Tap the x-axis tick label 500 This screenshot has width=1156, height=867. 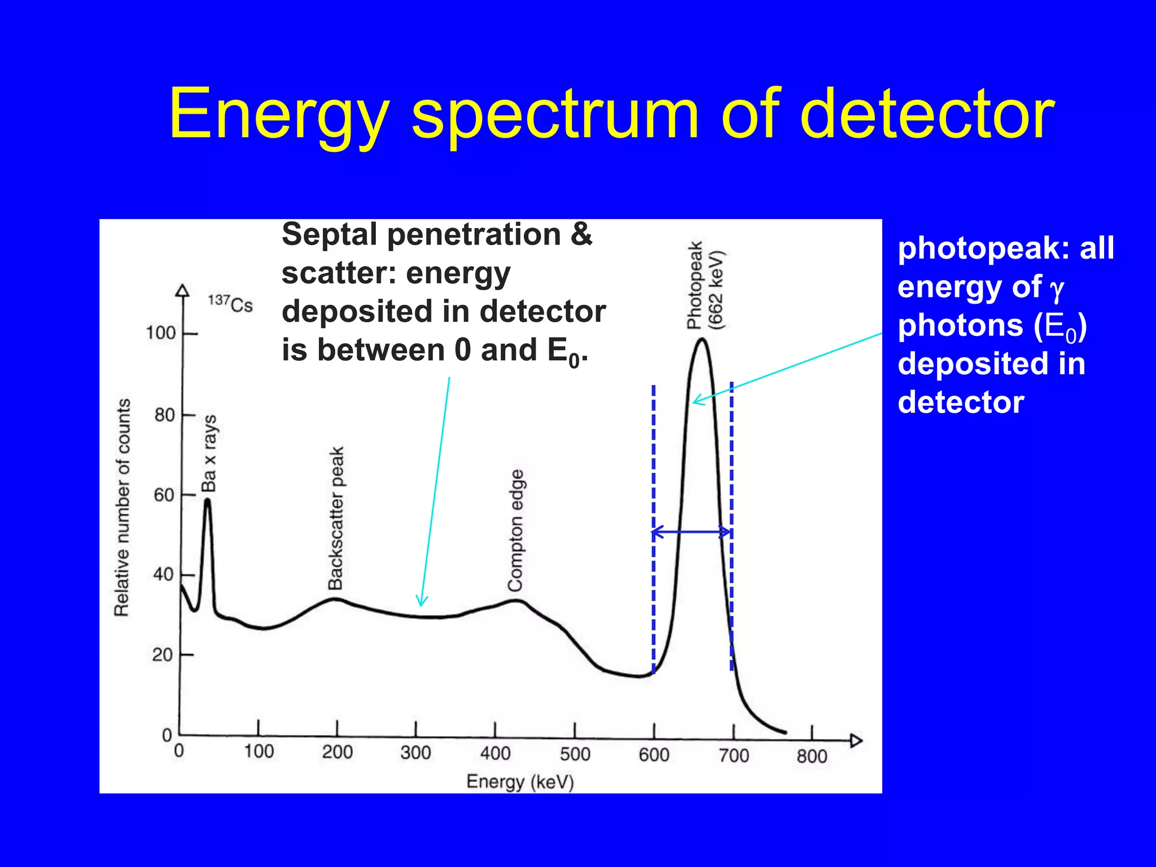click(x=575, y=754)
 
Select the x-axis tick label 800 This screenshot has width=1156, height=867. click(x=812, y=756)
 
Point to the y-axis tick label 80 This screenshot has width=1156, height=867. click(x=164, y=415)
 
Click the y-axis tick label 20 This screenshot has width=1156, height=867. click(x=162, y=655)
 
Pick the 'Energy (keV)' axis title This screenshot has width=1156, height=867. click(x=520, y=782)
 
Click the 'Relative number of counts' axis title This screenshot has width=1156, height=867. click(x=122, y=507)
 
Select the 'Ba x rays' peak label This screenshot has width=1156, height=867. click(x=209, y=453)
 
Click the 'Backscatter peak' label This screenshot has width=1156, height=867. click(x=336, y=518)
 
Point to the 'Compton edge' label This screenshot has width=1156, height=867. click(x=515, y=531)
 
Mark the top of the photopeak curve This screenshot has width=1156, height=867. click(x=702, y=339)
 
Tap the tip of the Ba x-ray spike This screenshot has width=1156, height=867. click(x=208, y=500)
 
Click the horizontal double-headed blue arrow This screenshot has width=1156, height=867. click(x=692, y=532)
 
